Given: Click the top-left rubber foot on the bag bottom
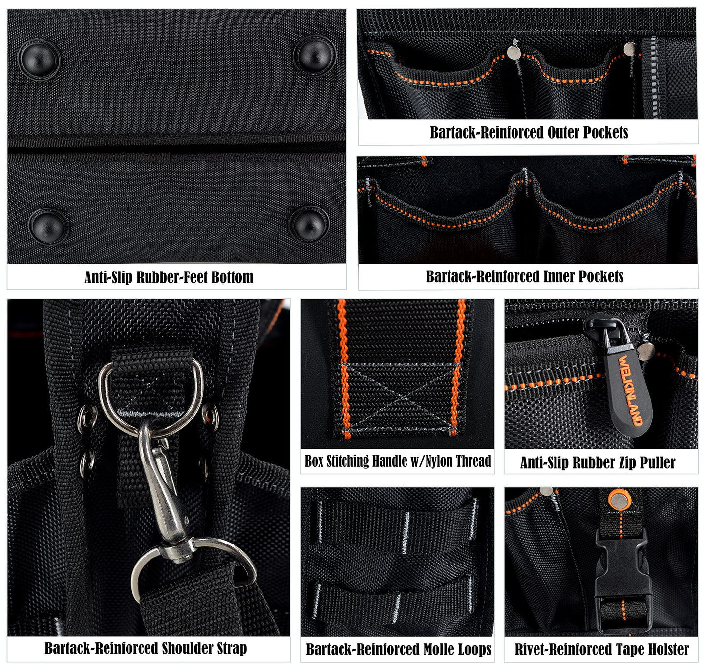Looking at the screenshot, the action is click(39, 59).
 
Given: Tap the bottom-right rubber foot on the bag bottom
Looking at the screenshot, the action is click(309, 225).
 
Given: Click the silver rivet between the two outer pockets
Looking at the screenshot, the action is click(514, 52).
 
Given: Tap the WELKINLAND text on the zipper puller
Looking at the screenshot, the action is click(630, 390).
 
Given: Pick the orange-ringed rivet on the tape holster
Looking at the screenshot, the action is click(617, 500).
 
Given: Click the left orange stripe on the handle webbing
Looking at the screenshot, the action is click(343, 368).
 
